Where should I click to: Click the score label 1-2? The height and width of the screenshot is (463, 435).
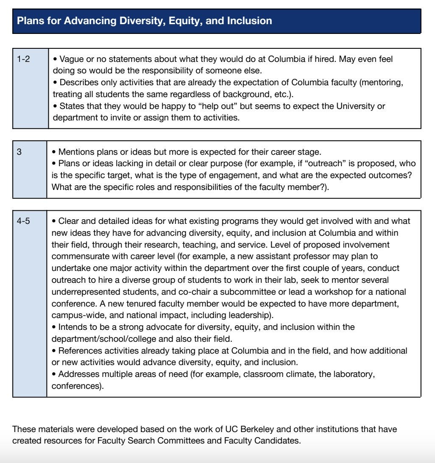pos(23,59)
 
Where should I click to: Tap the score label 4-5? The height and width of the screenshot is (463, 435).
pos(23,221)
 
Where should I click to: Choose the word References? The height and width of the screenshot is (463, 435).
pos(78,351)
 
